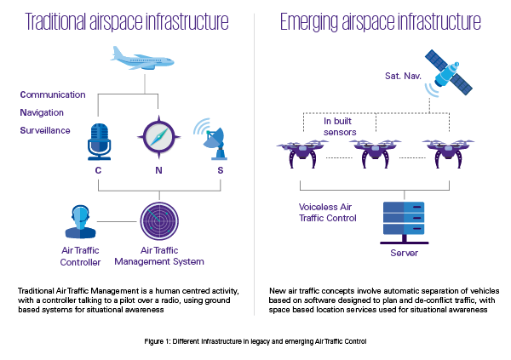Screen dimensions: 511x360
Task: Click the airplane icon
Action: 142,60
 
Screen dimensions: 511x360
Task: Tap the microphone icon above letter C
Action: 99,141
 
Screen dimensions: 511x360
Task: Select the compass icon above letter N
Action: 158,137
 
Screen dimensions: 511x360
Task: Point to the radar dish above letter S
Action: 212,140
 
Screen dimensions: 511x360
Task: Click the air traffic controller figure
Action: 80,221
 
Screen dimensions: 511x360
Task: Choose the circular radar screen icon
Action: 159,221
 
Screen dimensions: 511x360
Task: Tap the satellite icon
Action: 449,73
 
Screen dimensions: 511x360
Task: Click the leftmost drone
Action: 302,153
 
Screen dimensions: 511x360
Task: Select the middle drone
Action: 375,153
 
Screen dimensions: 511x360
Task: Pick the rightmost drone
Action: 448,153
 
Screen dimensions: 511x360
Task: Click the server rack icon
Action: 404,222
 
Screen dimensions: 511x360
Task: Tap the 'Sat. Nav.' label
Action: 403,76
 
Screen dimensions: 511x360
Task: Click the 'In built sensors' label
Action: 339,127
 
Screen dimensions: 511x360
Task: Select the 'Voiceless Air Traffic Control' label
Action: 327,213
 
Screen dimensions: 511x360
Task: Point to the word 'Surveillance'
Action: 45,130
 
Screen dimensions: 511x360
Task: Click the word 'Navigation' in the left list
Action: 42,112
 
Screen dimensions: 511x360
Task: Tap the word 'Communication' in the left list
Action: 53,94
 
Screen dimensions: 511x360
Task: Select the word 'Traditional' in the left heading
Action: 55,21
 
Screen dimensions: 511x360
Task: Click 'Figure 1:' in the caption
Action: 158,341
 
